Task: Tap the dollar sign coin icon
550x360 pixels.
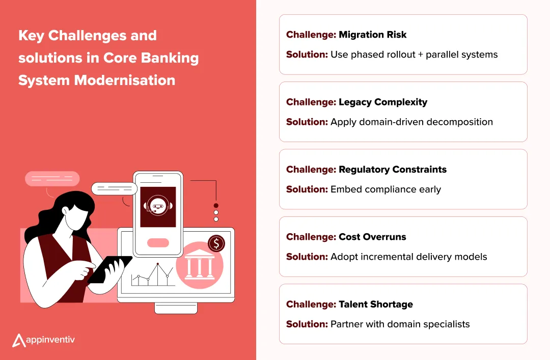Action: pos(216,243)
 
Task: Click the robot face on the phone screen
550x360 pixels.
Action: pos(157,206)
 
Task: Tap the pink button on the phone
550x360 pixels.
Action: pos(158,243)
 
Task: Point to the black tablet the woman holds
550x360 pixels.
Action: pos(109,269)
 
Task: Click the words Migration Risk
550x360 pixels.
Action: pos(372,35)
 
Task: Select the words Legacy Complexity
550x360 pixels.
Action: pos(383,102)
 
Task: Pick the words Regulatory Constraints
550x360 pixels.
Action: pos(393,170)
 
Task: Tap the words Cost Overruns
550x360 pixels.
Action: pos(372,237)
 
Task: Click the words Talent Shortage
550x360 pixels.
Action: pos(376,304)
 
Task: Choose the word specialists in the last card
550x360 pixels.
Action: pos(443,324)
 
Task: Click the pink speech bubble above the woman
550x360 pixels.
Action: pos(52,179)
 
